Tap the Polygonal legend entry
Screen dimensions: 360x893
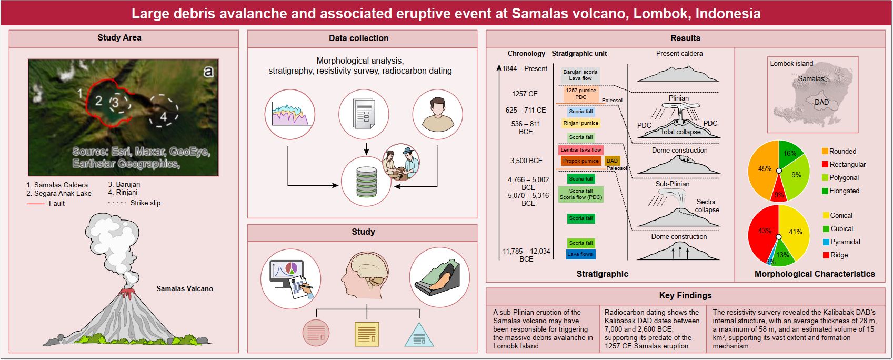click(844, 178)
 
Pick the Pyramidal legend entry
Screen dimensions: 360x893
click(845, 242)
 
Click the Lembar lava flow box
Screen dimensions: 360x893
click(580, 150)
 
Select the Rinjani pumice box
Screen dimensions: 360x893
click(580, 123)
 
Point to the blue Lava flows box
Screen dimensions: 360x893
click(580, 254)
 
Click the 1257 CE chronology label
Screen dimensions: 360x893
click(525, 94)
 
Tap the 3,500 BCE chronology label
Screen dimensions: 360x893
click(526, 161)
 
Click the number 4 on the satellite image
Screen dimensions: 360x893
click(164, 117)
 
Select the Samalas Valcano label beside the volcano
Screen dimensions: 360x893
click(185, 288)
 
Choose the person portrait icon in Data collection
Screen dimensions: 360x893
click(437, 114)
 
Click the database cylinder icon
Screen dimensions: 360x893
click(366, 182)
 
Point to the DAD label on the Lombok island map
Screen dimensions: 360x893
click(821, 102)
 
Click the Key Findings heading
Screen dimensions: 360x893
click(685, 296)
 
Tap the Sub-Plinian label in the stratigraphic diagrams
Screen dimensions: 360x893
click(672, 184)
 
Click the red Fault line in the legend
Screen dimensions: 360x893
click(36, 204)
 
